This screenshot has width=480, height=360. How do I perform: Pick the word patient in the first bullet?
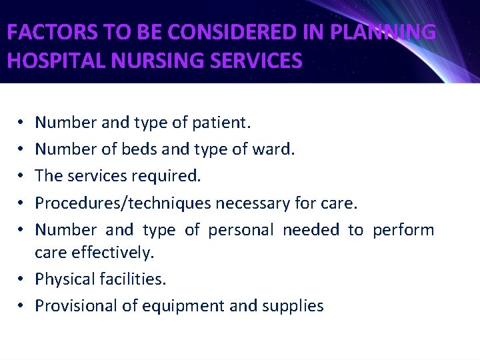pyautogui.click(x=221, y=122)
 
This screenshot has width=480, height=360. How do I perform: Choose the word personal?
pyautogui.click(x=241, y=230)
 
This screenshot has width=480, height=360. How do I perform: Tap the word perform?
pyautogui.click(x=403, y=230)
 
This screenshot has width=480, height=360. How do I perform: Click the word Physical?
pyautogui.click(x=65, y=279)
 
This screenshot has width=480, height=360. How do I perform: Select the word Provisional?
pyautogui.click(x=74, y=306)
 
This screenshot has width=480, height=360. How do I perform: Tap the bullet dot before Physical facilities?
pyautogui.click(x=22, y=279)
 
